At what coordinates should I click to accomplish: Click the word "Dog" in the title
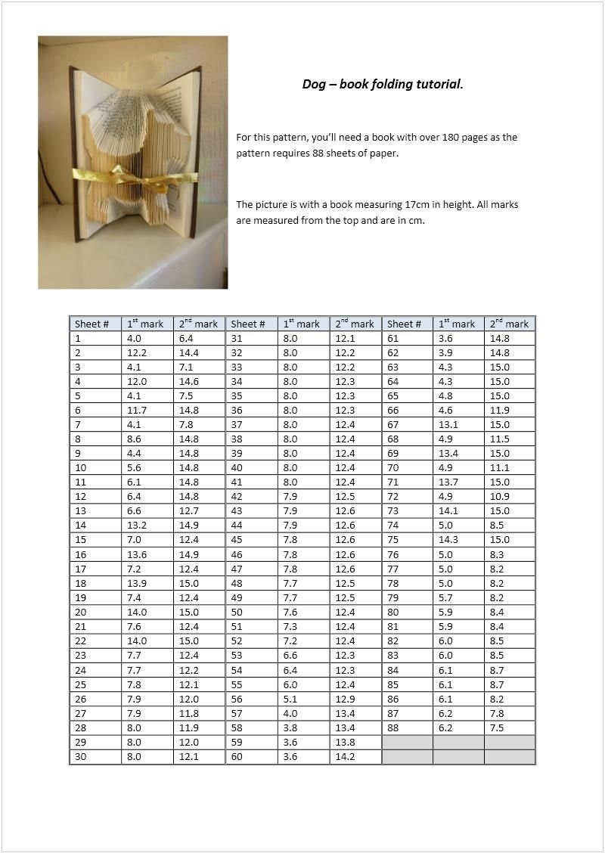(313, 84)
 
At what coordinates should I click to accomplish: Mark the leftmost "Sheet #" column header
(92, 324)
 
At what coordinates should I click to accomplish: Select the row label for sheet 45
(237, 540)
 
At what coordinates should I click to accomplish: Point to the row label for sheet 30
(81, 756)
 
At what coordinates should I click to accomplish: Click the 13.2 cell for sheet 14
(137, 526)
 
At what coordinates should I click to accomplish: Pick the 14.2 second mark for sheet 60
(345, 756)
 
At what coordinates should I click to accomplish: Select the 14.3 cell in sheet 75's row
(448, 540)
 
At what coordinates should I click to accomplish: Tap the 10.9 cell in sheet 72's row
(500, 497)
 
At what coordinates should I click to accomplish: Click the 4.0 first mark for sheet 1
(135, 339)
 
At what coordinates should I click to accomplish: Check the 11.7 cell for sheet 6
(137, 411)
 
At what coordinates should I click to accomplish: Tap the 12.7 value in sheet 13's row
(189, 511)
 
